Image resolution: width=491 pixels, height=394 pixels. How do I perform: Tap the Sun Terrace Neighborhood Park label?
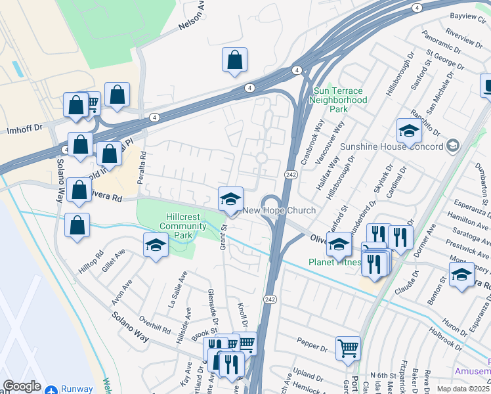tap(339, 100)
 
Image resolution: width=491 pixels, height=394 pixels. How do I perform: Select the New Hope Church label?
tap(280, 210)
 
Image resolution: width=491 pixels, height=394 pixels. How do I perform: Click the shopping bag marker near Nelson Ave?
tap(234, 61)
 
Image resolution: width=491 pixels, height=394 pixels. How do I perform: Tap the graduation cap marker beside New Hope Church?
tap(230, 200)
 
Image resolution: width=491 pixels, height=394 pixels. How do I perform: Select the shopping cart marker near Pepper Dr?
tap(348, 349)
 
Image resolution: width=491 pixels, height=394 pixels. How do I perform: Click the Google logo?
tap(22, 386)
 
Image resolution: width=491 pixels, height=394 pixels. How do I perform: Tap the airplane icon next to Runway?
tap(53, 389)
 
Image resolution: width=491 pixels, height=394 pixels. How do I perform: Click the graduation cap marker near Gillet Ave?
tap(156, 246)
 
